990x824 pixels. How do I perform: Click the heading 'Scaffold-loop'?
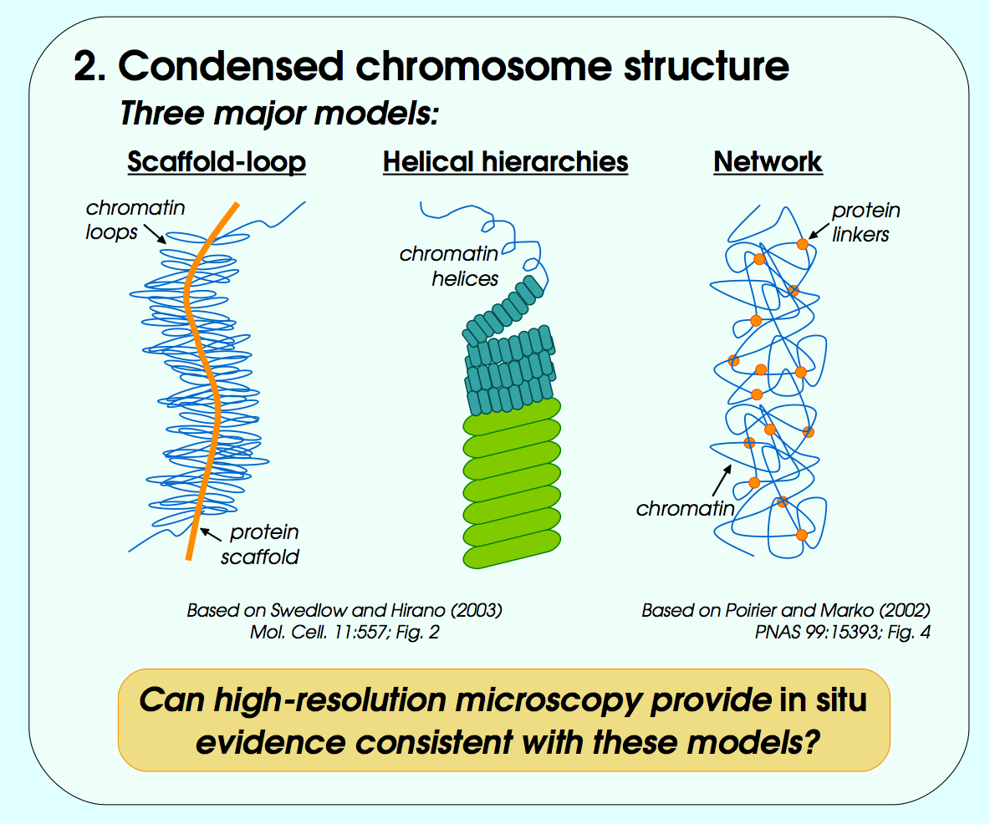coord(217,161)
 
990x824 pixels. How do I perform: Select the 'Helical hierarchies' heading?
coord(505,161)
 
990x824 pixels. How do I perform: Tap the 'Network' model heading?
coord(768,161)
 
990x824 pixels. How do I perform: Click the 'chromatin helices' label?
coord(449,266)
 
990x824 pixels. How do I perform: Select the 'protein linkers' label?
coord(865,222)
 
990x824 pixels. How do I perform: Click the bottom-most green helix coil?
coord(511,555)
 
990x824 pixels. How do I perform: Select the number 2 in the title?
coord(86,66)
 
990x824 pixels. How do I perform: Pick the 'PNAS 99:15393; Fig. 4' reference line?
coord(842,633)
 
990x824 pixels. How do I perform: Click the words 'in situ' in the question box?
coord(823,699)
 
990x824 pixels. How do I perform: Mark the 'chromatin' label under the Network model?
coord(685,507)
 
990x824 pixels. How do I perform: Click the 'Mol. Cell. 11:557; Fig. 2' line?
coord(344,633)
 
